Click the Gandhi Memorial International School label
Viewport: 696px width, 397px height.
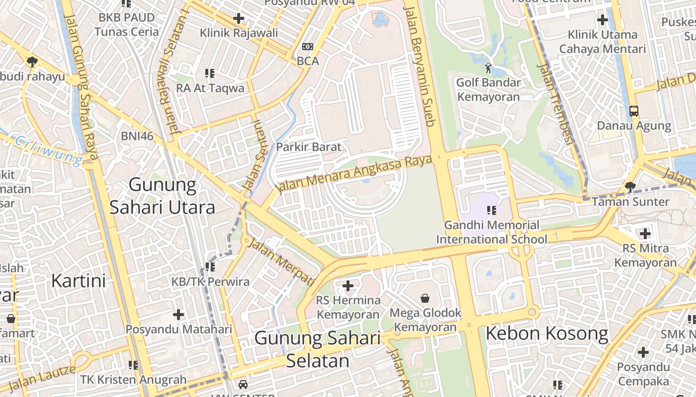coord(491,232)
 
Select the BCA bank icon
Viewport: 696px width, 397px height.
coord(308,47)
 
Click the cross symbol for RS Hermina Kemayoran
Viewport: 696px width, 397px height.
coord(348,286)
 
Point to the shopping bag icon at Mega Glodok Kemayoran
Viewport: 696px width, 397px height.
coord(425,298)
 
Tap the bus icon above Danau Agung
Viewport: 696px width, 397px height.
coord(634,111)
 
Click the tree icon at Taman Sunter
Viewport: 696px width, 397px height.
coord(630,187)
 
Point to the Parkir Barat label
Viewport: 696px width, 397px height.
coord(309,147)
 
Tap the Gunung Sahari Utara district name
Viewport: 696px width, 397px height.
coord(163,196)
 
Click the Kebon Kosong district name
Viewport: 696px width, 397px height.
coord(547,333)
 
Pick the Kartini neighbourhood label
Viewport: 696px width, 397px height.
coord(79,281)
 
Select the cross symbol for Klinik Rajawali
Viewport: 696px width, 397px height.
coord(239,19)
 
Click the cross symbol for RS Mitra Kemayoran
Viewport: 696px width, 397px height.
coord(645,233)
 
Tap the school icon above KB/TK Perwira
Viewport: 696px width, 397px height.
coord(210,267)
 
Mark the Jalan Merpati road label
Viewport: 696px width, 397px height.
coord(281,262)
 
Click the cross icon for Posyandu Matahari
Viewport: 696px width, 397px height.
coord(178,315)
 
